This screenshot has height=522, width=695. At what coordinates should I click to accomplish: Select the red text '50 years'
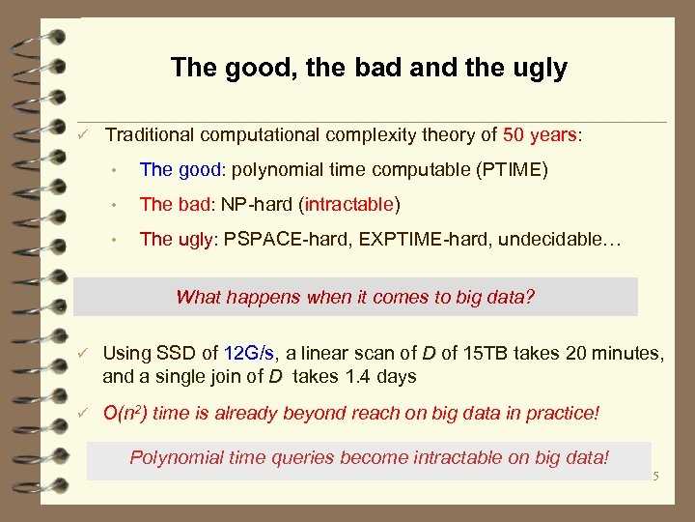pos(542,135)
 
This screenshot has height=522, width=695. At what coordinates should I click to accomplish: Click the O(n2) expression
pos(125,414)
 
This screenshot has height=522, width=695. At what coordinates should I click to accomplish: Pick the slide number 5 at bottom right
pos(654,476)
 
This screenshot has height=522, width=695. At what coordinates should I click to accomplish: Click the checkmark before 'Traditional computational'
pos(85,135)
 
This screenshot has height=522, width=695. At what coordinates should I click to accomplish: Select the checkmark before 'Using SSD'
pos(85,355)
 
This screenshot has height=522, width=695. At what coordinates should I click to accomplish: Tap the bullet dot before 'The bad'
pos(114,206)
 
